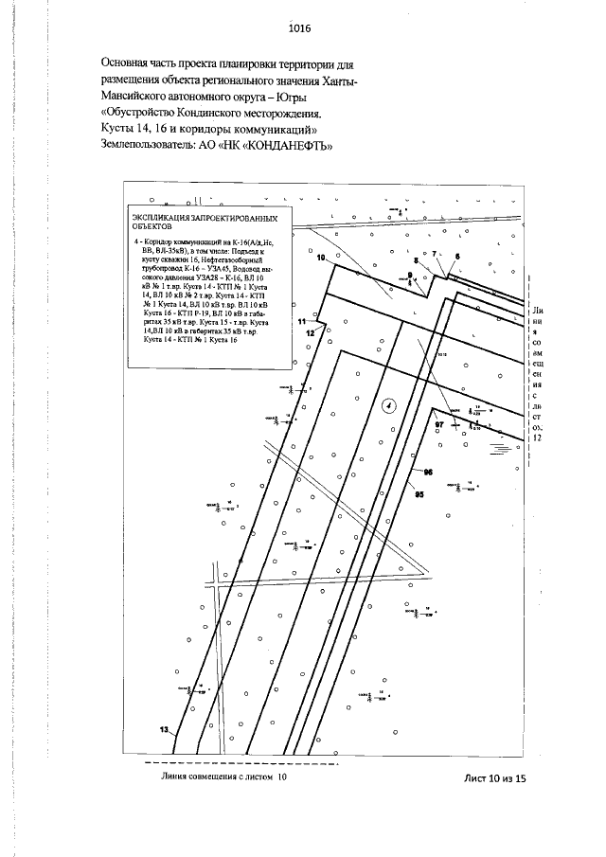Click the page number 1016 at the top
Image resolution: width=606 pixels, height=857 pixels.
302,29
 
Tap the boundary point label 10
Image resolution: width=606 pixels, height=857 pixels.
320,258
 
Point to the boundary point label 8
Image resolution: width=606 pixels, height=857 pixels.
414,259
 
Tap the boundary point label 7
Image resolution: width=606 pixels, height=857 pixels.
435,255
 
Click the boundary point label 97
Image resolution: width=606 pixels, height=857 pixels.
438,426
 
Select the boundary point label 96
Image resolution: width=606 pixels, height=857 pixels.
427,471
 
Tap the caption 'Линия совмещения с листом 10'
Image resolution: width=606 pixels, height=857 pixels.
224,777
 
